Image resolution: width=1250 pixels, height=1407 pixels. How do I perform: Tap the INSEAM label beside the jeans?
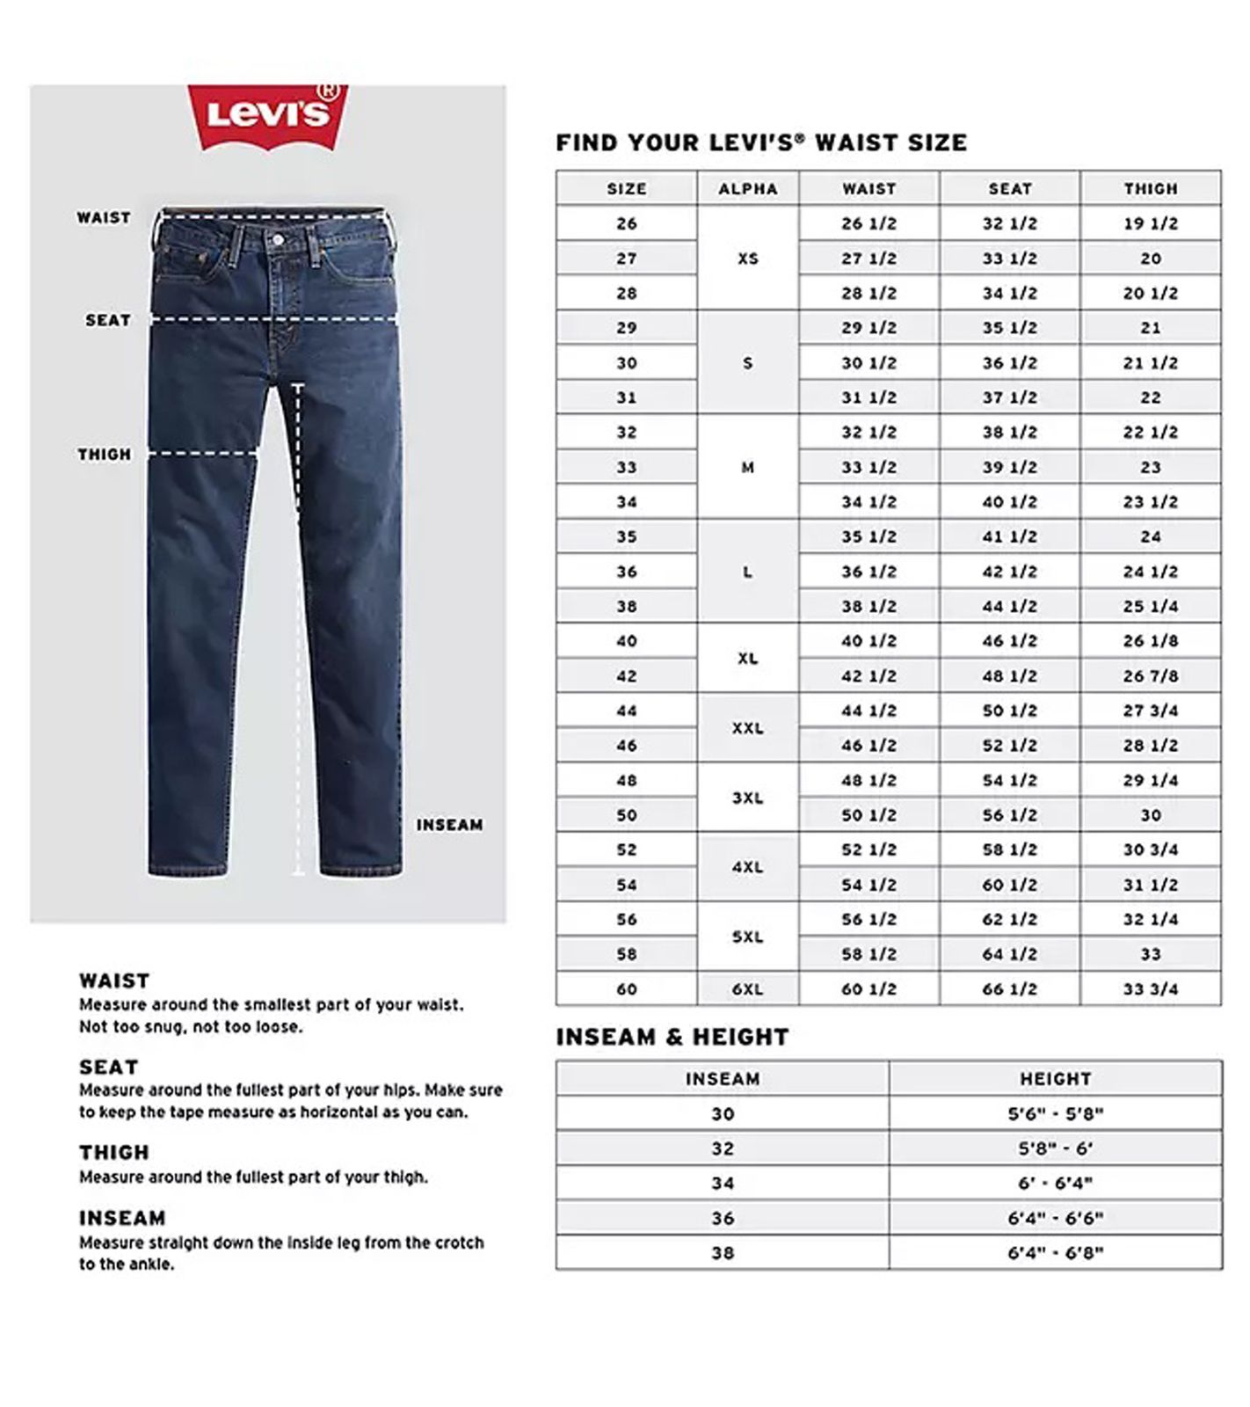pos(449,825)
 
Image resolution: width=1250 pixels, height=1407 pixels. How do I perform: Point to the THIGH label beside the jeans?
pos(104,454)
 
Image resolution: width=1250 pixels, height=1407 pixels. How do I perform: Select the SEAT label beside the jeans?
pos(107,320)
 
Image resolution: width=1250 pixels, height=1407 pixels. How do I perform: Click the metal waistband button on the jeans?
pos(278,239)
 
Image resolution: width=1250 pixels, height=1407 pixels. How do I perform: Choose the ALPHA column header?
pos(747,188)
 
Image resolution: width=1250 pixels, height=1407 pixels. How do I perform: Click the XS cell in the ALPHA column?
pos(747,259)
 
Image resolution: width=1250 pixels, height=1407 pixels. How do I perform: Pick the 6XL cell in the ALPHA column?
pos(747,989)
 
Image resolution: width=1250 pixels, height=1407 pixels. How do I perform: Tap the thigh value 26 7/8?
pos(1150,676)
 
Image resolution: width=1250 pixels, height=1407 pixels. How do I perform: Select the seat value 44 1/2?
pos(1009,607)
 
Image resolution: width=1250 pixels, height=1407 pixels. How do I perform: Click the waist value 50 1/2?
pos(868,815)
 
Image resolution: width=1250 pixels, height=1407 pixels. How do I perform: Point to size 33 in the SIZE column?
pos(626,467)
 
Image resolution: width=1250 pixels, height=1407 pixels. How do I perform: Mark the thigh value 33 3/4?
pos(1150,989)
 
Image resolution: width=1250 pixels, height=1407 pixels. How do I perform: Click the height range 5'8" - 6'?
pos(1055,1148)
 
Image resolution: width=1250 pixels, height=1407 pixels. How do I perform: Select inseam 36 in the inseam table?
pos(722,1218)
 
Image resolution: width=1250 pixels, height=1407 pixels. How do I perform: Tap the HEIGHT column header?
pos(1055,1078)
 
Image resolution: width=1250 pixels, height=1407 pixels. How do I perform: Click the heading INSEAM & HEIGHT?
pos(672,1037)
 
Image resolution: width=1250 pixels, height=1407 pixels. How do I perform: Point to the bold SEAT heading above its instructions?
pos(108,1067)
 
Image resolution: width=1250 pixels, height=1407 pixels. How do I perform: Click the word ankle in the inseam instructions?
pos(151,1265)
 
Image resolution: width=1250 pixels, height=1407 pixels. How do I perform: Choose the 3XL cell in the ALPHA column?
pos(747,798)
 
